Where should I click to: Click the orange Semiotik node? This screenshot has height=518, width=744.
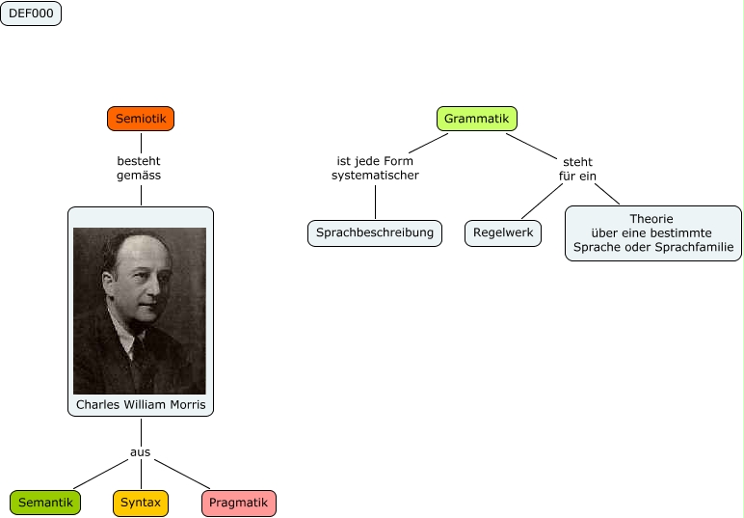tap(141, 119)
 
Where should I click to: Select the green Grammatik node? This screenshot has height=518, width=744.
tap(476, 119)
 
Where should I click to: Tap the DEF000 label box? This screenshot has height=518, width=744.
tap(31, 14)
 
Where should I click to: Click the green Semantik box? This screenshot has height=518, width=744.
tap(45, 503)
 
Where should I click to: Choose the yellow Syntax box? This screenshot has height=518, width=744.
tap(141, 503)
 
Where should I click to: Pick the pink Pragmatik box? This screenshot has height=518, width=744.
tap(239, 503)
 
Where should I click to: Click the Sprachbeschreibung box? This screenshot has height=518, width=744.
tap(375, 232)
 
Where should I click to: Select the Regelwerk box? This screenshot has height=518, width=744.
tap(503, 232)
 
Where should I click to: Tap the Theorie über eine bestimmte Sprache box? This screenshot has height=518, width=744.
tap(652, 232)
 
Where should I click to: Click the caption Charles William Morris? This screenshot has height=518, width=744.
tap(141, 404)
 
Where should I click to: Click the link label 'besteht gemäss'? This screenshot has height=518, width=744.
tap(139, 169)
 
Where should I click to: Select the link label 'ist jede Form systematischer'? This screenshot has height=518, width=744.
tap(375, 169)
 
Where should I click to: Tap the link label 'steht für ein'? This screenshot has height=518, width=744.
tap(577, 169)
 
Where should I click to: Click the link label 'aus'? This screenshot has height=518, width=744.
tap(141, 451)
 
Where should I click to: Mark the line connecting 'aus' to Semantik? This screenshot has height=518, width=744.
tap(100, 474)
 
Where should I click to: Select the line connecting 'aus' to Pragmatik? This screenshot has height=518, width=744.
tap(183, 475)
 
